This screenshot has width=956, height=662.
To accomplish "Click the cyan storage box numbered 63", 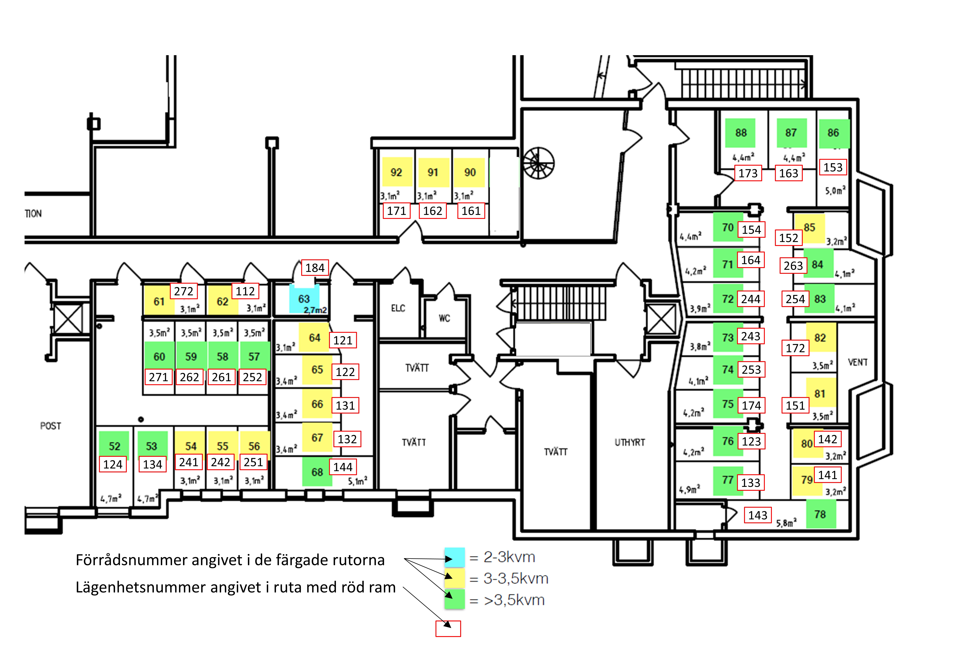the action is point(304,299).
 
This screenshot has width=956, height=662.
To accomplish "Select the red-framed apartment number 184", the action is point(315,268).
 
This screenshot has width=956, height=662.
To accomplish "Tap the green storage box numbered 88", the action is point(740,133).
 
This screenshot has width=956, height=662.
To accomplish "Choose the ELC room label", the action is point(398,308).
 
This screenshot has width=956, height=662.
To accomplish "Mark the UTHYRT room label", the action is point(630,442).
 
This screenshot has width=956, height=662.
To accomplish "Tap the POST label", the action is point(51,426).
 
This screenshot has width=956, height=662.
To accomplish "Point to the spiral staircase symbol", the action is point(538,163).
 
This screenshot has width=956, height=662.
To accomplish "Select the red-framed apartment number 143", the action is point(758,515).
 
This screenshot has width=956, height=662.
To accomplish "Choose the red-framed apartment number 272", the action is point(184,291).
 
